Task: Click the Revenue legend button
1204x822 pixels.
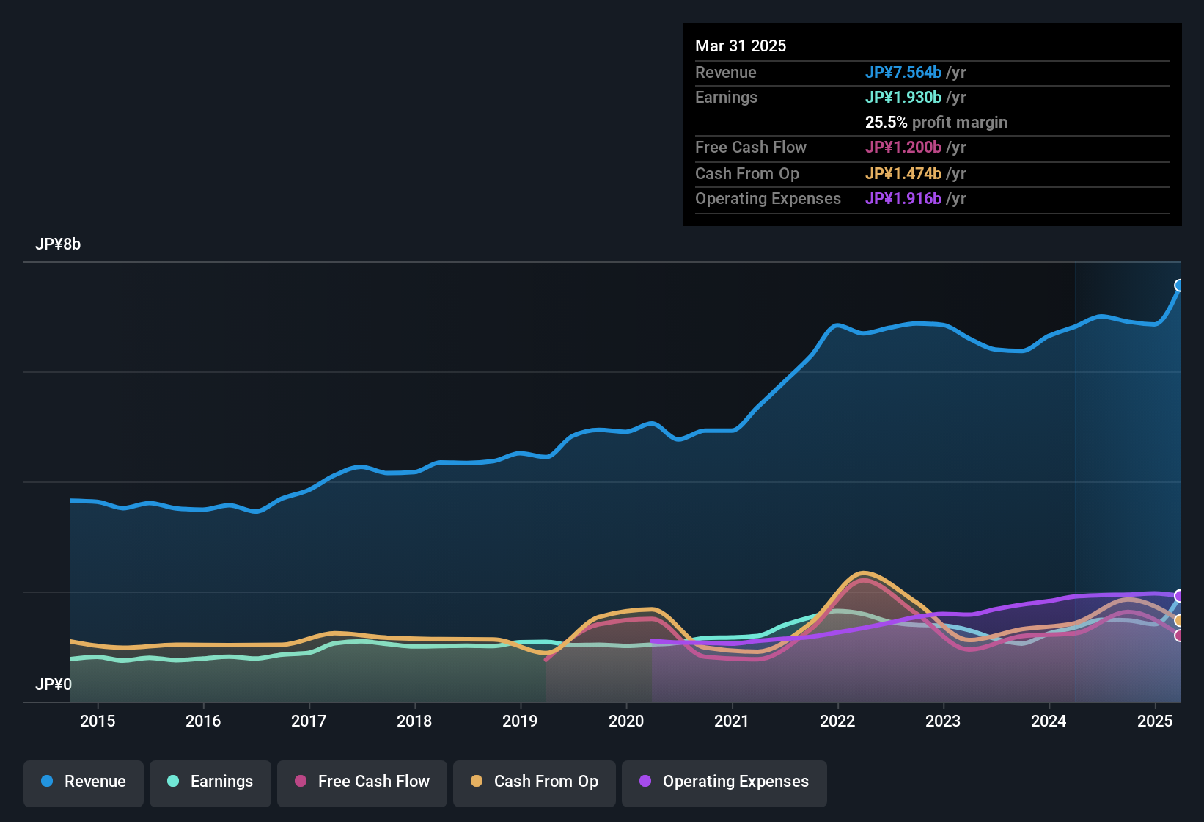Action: [x=84, y=782]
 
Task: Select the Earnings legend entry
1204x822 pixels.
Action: [x=210, y=782]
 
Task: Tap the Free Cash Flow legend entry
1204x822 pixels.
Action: [x=362, y=782]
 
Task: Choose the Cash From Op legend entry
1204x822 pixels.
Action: [x=535, y=782]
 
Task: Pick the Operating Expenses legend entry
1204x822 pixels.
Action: [x=724, y=782]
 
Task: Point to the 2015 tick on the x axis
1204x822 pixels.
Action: [x=98, y=721]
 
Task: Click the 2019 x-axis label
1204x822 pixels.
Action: [x=520, y=721]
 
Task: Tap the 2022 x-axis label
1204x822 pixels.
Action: [x=837, y=721]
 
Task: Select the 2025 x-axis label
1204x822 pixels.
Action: [x=1155, y=721]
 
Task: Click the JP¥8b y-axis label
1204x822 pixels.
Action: [x=58, y=244]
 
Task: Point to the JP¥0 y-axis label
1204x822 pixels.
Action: [x=54, y=685]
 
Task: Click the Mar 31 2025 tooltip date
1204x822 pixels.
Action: [x=741, y=46]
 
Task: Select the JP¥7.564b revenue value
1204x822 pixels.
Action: [x=903, y=72]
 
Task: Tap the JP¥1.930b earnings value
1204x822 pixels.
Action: [x=903, y=97]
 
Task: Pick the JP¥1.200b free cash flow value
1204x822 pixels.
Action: [x=903, y=147]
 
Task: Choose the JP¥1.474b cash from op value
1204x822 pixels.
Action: [x=903, y=173]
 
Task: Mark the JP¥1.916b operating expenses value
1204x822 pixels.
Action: [x=903, y=198]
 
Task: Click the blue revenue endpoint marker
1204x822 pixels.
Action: [x=1179, y=285]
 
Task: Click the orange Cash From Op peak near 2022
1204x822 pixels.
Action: [x=864, y=573]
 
